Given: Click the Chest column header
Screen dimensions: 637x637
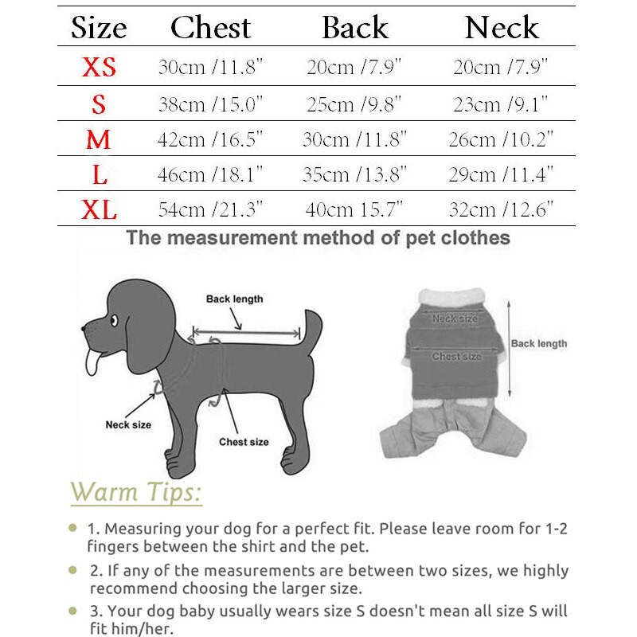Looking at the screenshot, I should click(211, 28).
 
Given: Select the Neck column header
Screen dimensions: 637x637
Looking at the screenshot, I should click(502, 28).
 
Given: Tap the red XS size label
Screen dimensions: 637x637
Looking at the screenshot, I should click(99, 67).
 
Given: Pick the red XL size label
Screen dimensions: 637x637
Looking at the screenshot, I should click(99, 210).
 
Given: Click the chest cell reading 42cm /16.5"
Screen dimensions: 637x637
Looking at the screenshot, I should click(210, 139).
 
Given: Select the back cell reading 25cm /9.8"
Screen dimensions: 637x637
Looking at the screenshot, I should click(354, 104).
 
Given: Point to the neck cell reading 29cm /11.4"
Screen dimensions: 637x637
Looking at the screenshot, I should click(503, 174).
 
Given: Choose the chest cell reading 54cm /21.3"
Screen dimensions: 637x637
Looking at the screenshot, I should click(210, 210).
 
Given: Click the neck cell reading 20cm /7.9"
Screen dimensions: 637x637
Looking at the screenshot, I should click(502, 67).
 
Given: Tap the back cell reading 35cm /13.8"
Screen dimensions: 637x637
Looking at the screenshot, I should click(354, 174).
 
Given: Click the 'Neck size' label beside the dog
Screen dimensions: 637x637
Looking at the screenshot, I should click(128, 424).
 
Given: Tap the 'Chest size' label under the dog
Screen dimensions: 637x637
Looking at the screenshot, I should click(244, 442).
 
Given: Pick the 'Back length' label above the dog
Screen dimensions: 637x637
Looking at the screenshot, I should click(234, 299).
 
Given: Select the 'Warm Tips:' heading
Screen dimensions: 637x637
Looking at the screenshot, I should click(135, 492).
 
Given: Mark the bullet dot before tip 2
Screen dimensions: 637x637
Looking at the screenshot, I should click(72, 570).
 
